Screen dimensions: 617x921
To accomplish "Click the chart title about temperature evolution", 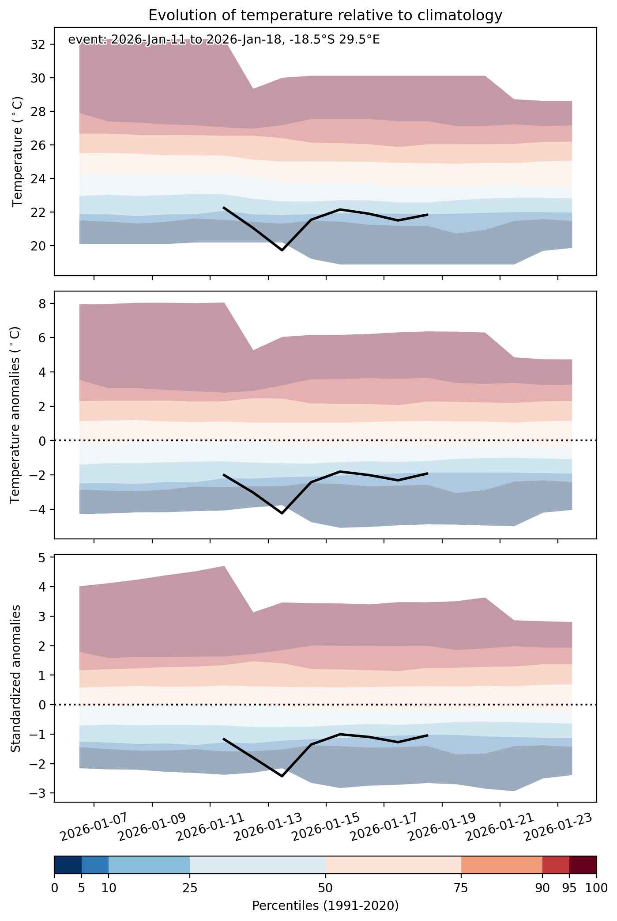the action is (x=325, y=15).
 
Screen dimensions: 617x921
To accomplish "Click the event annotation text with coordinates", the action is (x=224, y=40).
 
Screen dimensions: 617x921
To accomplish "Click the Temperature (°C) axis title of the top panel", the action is (x=17, y=152).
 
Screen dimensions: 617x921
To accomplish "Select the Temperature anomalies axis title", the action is (x=15, y=415).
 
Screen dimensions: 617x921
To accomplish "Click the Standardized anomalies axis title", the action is (x=15, y=678).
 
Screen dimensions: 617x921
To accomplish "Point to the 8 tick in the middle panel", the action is (x=46, y=303).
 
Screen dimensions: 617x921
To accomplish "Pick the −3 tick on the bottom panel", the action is (x=39, y=793).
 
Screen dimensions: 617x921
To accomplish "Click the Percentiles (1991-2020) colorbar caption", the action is (x=325, y=906).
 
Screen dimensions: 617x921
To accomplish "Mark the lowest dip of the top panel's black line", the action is (x=282, y=250).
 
